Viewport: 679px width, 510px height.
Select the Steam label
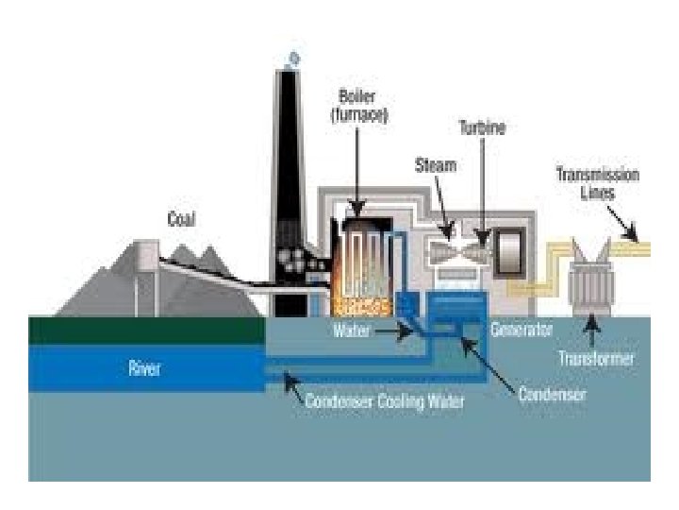point(436,165)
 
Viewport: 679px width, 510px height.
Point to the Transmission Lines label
point(597,182)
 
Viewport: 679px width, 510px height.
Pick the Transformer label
point(596,359)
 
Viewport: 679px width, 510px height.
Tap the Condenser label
point(552,393)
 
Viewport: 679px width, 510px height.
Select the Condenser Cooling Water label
point(385,400)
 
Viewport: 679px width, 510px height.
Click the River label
point(144,368)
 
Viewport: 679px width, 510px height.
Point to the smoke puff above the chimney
point(294,59)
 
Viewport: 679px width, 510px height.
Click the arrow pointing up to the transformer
point(592,330)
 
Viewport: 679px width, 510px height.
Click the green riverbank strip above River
point(146,330)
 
